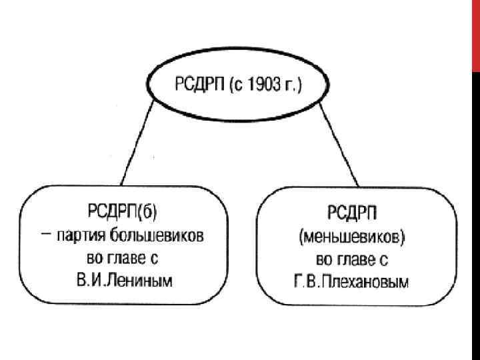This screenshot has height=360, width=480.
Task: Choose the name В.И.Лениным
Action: point(125,281)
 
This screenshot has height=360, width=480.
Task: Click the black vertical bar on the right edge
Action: point(475,213)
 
